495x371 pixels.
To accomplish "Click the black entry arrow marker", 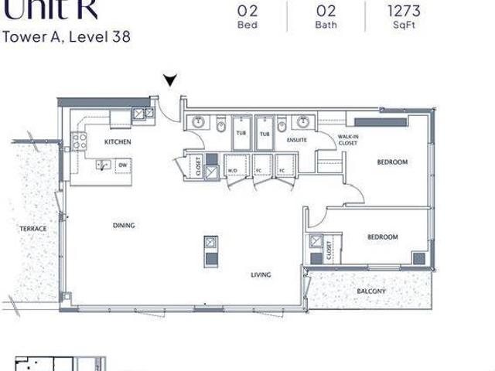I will pyautogui.click(x=170, y=80).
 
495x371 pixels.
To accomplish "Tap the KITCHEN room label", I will pyautogui.click(x=118, y=142).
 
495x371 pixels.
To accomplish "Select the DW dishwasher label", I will pyautogui.click(x=122, y=165).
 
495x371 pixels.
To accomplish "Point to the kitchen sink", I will pyautogui.click(x=101, y=165).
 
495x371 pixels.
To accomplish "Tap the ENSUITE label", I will pyautogui.click(x=297, y=140).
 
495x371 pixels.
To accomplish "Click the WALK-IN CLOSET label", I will pyautogui.click(x=346, y=140).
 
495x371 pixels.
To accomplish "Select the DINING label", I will pyautogui.click(x=124, y=226).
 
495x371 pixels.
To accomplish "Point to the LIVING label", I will pyautogui.click(x=260, y=274).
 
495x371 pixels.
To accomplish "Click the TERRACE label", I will pyautogui.click(x=33, y=229).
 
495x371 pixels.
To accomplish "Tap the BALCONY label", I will pyautogui.click(x=371, y=291).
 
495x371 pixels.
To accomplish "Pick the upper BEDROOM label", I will pyautogui.click(x=392, y=162).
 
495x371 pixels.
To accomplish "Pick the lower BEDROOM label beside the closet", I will pyautogui.click(x=382, y=237).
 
